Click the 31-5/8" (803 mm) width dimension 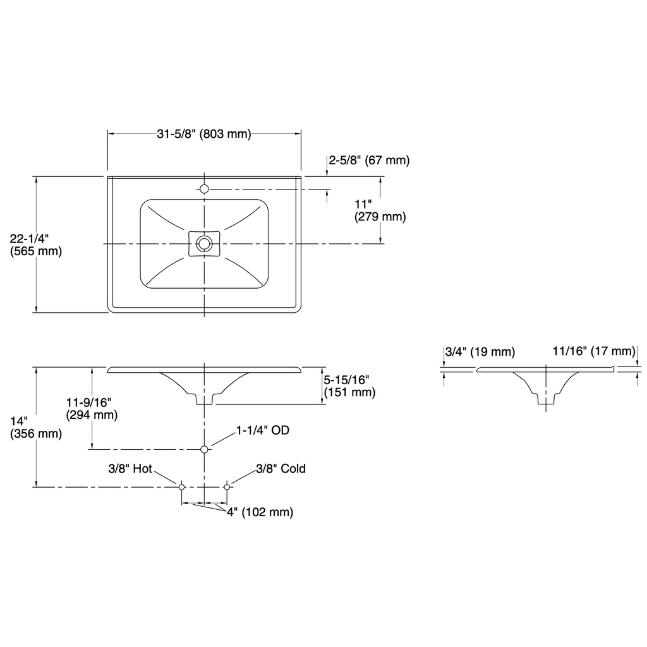click(204, 134)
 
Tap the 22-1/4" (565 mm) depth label click(36, 245)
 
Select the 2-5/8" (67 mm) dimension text click(369, 160)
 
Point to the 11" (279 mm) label click(380, 210)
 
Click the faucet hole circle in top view click(204, 189)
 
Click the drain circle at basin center click(204, 243)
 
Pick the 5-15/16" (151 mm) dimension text click(349, 386)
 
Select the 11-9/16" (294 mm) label click(92, 408)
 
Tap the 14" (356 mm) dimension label click(36, 428)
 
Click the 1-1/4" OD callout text click(262, 430)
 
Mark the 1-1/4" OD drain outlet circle click(204, 449)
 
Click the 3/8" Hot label click(130, 469)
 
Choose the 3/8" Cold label click(281, 469)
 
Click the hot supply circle click(181, 487)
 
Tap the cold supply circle click(227, 487)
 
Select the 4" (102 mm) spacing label click(260, 512)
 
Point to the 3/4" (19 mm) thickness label click(480, 352)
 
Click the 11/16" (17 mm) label click(594, 351)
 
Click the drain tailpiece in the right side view click(546, 399)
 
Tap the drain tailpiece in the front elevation click(204, 399)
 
